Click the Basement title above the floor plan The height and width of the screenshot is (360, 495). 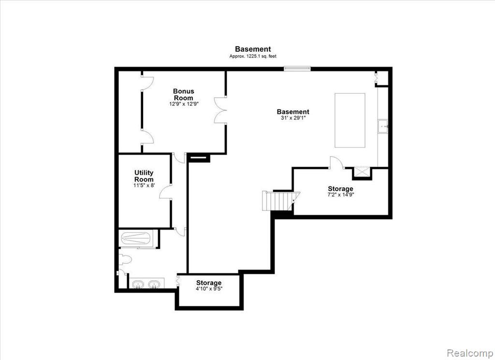click(253, 49)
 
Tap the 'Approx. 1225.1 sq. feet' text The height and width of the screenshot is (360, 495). click(253, 57)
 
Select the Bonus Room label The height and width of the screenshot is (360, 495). click(184, 94)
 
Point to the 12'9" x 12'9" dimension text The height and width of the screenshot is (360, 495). click(184, 104)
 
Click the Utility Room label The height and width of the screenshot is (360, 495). click(144, 176)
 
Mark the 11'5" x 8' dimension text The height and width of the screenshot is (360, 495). click(144, 185)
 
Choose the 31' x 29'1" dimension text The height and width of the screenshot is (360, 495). click(293, 118)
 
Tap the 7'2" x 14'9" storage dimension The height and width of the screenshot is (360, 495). click(341, 195)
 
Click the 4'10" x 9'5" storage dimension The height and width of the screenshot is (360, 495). click(209, 288)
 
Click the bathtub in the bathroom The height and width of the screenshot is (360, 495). click(136, 238)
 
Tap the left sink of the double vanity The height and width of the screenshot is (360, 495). click(138, 285)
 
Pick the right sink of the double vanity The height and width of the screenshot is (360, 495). click(154, 285)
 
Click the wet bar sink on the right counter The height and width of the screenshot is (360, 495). click(383, 126)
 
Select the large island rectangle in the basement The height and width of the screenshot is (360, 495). click(350, 120)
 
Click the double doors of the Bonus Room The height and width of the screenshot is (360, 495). click(220, 110)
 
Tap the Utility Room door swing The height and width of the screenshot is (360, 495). click(165, 192)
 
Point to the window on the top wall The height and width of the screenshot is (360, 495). click(297, 68)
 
